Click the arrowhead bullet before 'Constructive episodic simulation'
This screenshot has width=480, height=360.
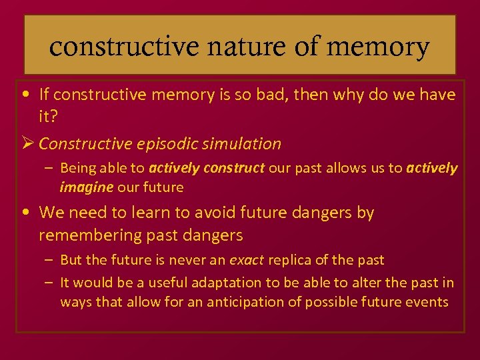[27, 143]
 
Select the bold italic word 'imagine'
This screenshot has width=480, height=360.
[87, 187]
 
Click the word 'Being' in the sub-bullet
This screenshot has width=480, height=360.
[77, 168]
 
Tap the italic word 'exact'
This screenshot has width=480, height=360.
[247, 260]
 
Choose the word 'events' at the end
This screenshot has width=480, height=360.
[427, 302]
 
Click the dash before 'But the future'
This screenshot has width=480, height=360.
[50, 260]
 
